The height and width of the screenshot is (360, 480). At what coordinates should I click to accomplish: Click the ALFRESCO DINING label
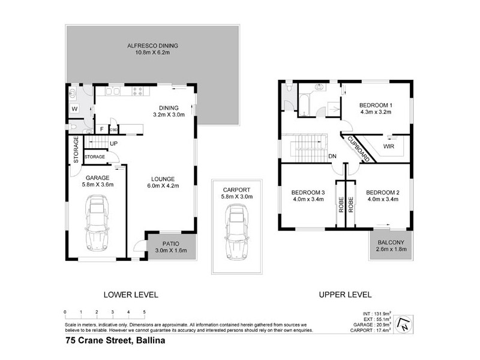pos(152,46)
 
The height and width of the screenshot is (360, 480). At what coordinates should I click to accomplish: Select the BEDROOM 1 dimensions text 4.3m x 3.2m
pos(376,111)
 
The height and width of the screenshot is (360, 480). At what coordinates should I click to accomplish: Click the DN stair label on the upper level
pos(332,157)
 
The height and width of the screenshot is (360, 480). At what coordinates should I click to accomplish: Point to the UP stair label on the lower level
pos(113,143)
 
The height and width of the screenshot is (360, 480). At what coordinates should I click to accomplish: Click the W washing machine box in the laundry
pos(74,109)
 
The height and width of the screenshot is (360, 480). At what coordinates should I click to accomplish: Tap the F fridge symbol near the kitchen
pos(101,128)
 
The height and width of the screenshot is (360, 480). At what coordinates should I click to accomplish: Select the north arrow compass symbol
pos(405,322)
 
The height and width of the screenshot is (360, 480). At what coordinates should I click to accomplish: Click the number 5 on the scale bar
pos(144,312)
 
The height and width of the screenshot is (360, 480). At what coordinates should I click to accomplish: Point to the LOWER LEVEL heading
pos(130,295)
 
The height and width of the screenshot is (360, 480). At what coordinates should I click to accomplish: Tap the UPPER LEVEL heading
pos(346,295)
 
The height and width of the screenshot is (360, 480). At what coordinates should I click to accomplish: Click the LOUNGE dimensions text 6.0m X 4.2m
pos(163,186)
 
